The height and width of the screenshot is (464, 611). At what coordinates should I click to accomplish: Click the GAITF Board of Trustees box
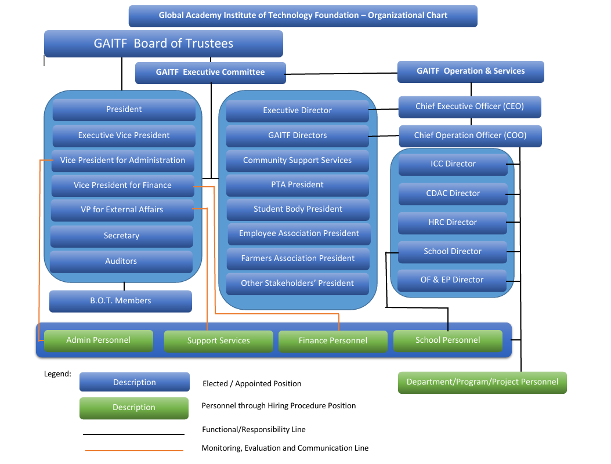click(163, 43)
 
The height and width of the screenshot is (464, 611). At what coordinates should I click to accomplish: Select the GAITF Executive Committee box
click(210, 72)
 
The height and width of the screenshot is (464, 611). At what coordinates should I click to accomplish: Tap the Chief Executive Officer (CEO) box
click(469, 107)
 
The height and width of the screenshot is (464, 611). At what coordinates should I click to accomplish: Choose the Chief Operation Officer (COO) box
click(470, 136)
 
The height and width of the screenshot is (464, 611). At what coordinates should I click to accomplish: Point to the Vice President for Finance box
click(122, 186)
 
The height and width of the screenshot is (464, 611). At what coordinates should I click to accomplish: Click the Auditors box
click(121, 262)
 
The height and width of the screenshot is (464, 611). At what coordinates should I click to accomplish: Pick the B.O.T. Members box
click(120, 301)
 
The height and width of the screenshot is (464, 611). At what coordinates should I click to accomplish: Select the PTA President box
click(297, 185)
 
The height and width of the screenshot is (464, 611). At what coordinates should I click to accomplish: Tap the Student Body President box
click(298, 209)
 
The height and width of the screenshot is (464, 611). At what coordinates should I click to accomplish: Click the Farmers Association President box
click(298, 259)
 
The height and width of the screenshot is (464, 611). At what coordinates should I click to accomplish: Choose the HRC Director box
click(453, 223)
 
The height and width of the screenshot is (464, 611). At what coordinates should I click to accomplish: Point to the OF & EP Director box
click(452, 280)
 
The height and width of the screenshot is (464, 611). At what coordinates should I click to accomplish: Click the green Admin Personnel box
click(98, 340)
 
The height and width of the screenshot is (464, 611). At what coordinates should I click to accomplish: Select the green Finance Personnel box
click(332, 341)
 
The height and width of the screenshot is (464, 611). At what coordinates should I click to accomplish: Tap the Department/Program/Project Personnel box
click(482, 382)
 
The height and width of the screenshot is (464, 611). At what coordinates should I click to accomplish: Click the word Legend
click(57, 374)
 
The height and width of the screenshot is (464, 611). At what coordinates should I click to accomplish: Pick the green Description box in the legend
click(133, 408)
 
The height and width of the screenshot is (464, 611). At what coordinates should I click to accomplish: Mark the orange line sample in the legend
click(133, 450)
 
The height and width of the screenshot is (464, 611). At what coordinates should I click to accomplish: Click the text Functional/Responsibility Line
click(254, 430)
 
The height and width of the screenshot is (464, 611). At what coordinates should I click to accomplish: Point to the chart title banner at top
click(303, 16)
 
